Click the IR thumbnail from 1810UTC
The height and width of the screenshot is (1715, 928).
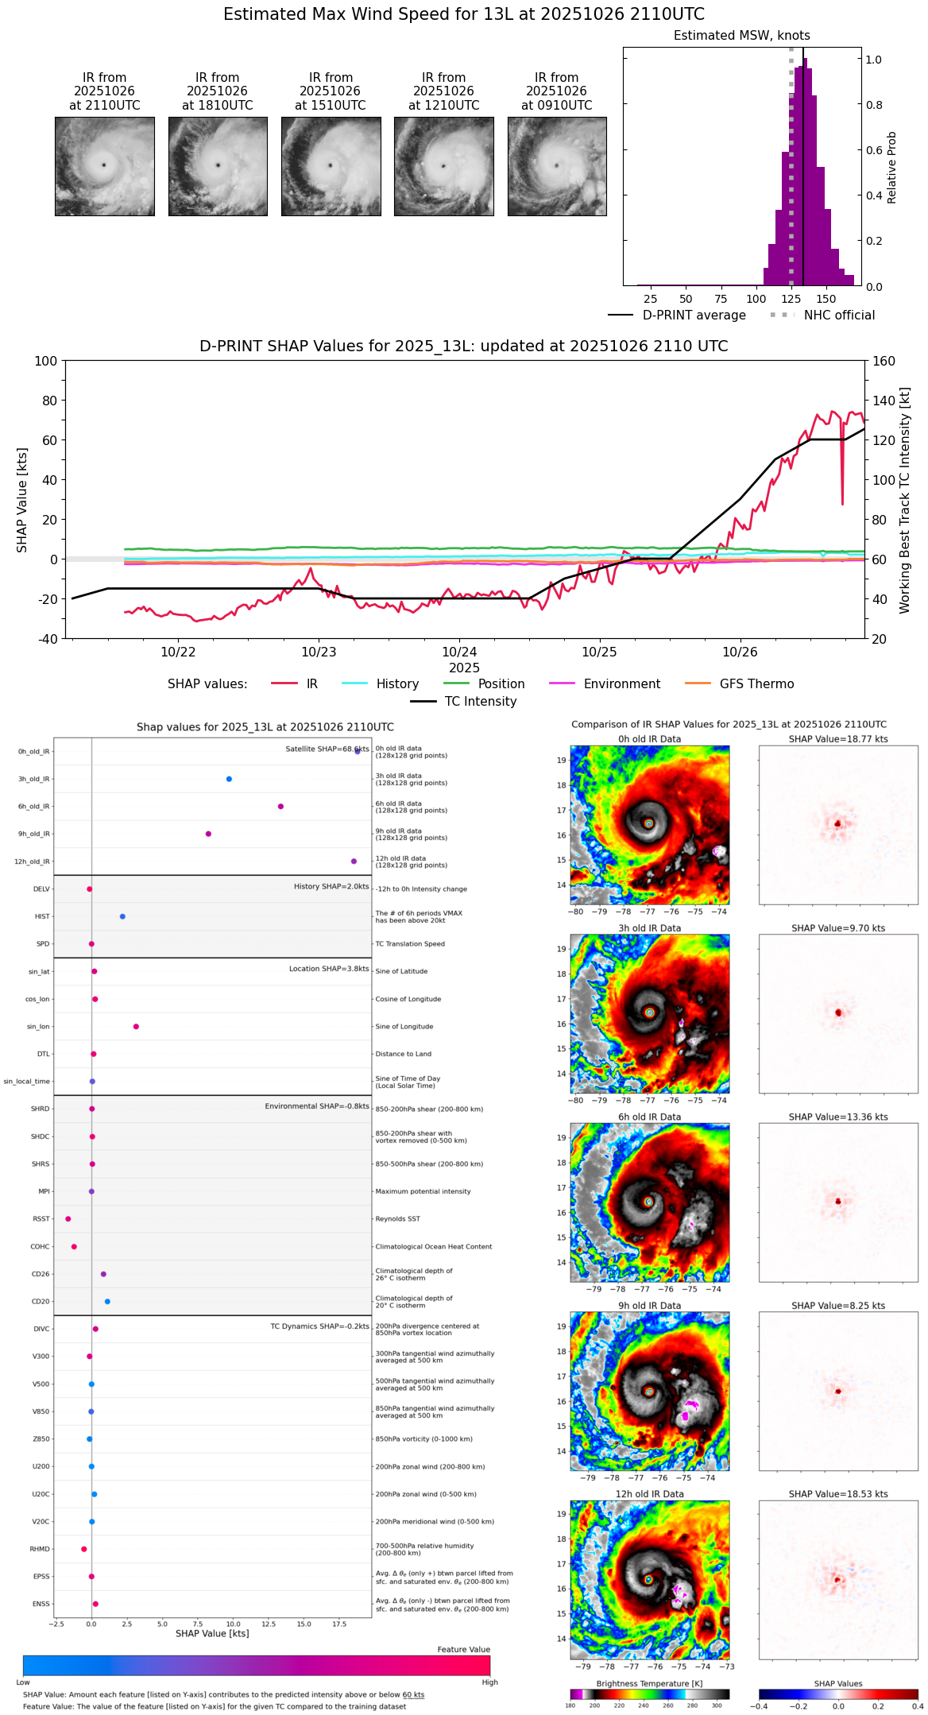point(218,166)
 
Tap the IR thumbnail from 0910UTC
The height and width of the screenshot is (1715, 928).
point(557,166)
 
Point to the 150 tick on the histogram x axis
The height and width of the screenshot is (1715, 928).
point(826,299)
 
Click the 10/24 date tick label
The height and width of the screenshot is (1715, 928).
point(459,652)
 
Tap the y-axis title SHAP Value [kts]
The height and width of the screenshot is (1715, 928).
point(22,500)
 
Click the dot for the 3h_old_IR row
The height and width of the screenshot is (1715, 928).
point(229,779)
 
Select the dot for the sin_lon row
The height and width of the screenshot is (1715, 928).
point(136,1027)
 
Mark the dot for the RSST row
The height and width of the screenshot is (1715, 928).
point(68,1219)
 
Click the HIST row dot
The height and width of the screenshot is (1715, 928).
point(122,916)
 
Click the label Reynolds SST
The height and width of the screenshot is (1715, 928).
point(397,1219)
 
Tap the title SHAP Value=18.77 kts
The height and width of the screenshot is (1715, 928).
point(838,739)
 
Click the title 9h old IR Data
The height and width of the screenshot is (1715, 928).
point(649,1306)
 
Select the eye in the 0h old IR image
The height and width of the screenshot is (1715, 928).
point(649,823)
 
